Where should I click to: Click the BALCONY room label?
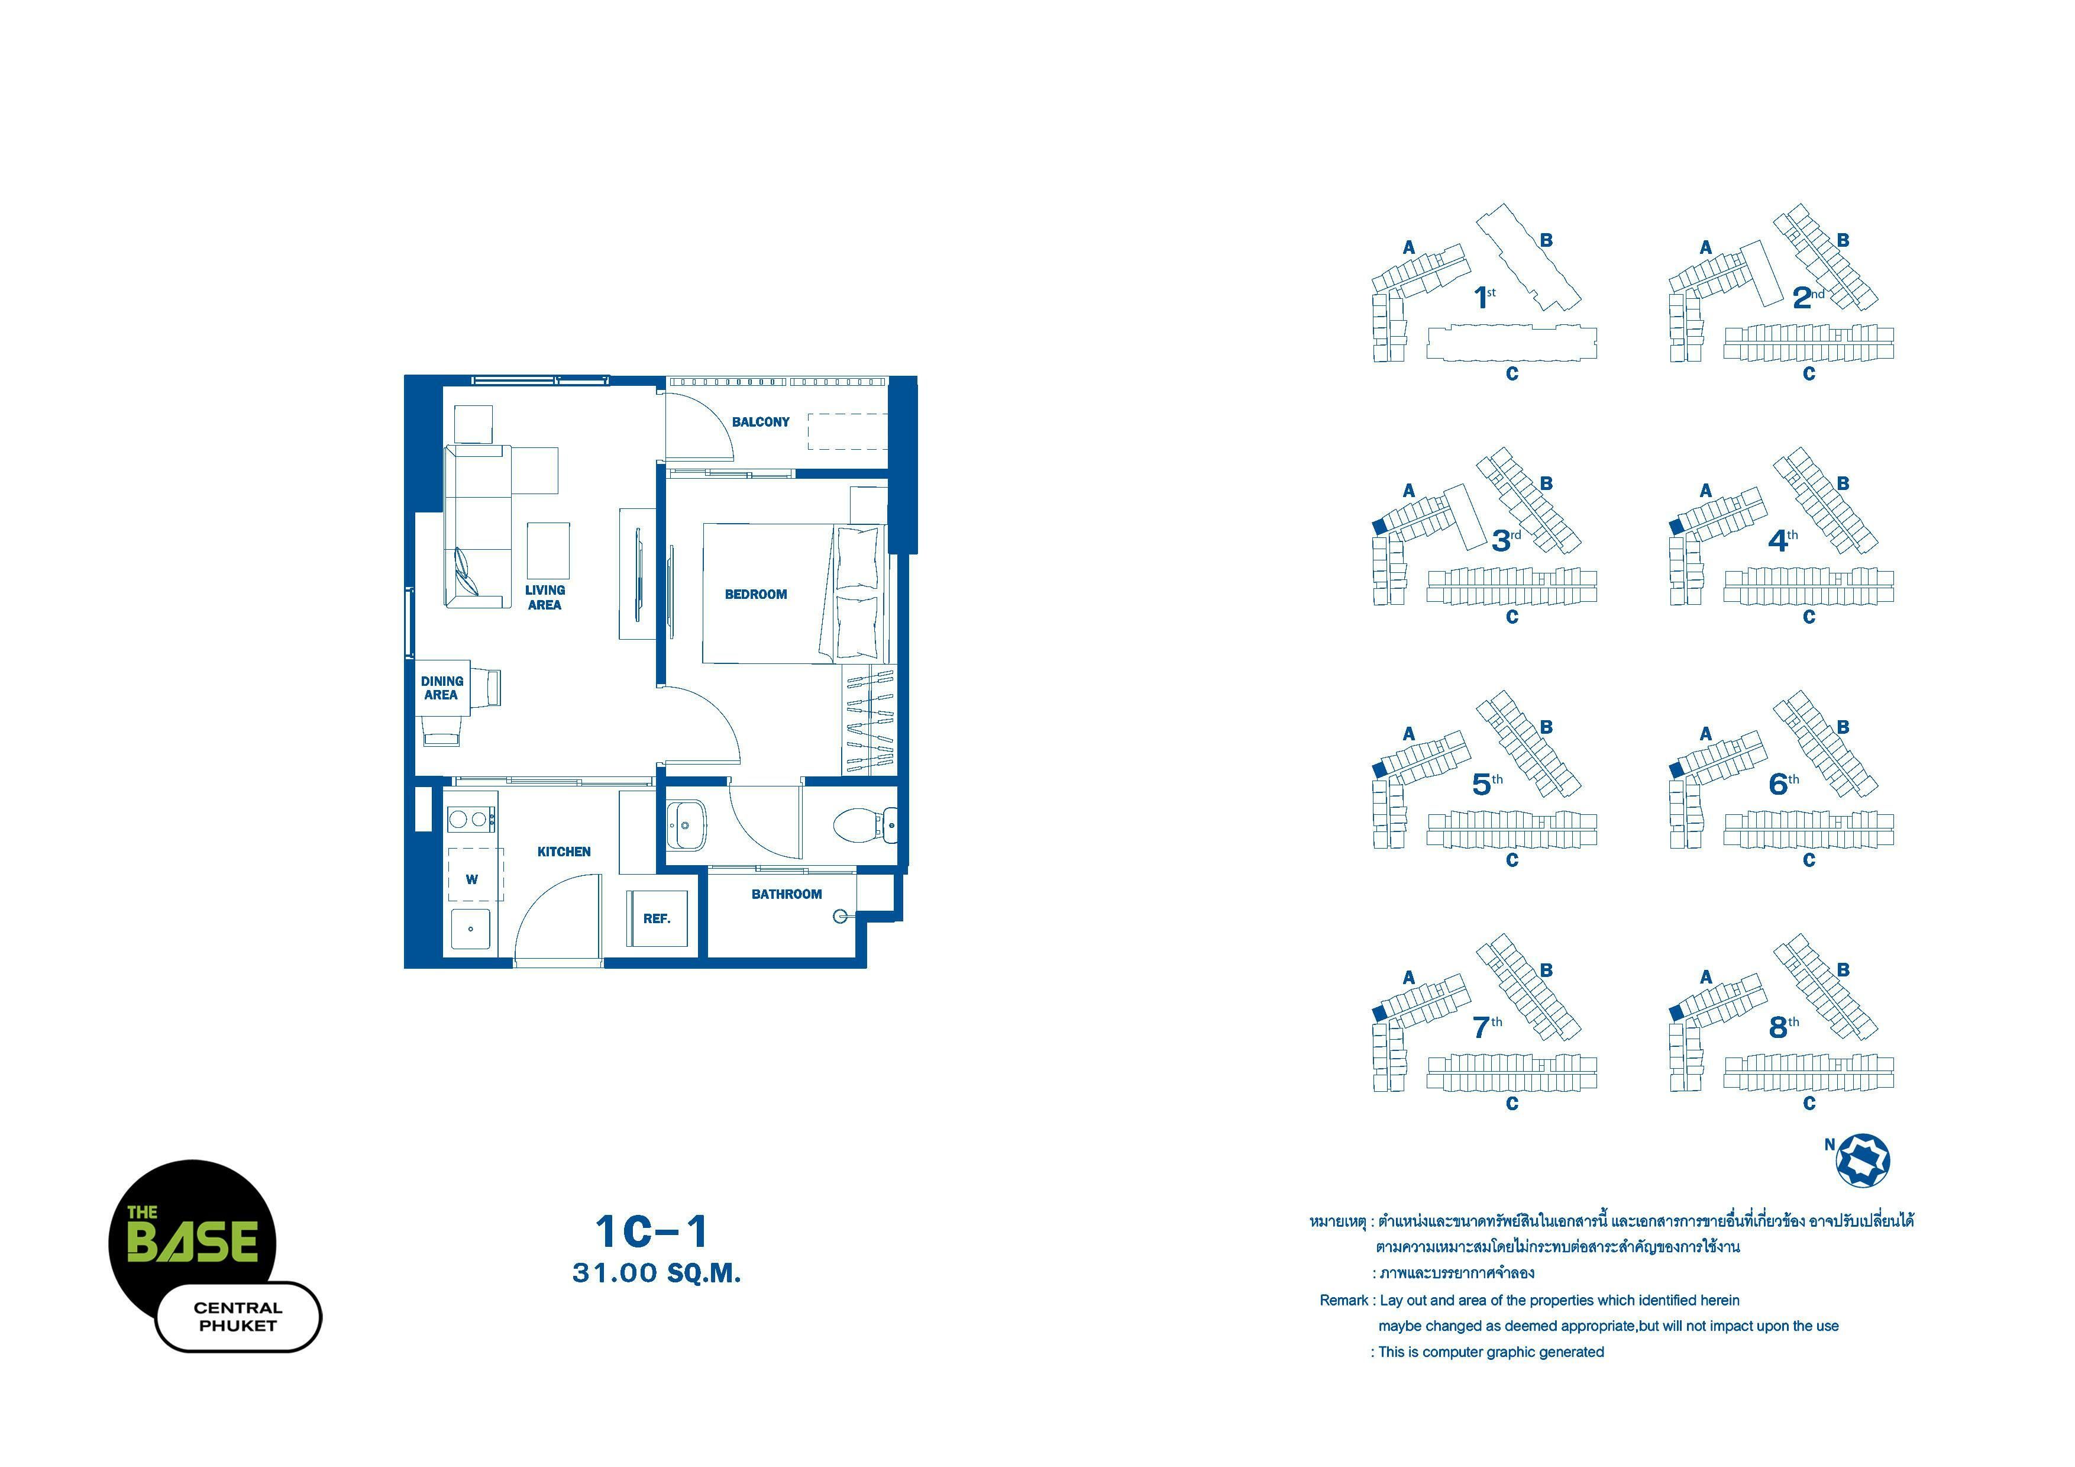click(760, 422)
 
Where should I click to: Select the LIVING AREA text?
click(545, 598)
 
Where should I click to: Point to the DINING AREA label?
click(442, 688)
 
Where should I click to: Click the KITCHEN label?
click(564, 852)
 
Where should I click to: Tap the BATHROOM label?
click(786, 894)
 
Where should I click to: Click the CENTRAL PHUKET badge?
click(238, 1317)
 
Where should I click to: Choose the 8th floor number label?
click(1783, 1027)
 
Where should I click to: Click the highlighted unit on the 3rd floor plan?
click(1379, 526)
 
